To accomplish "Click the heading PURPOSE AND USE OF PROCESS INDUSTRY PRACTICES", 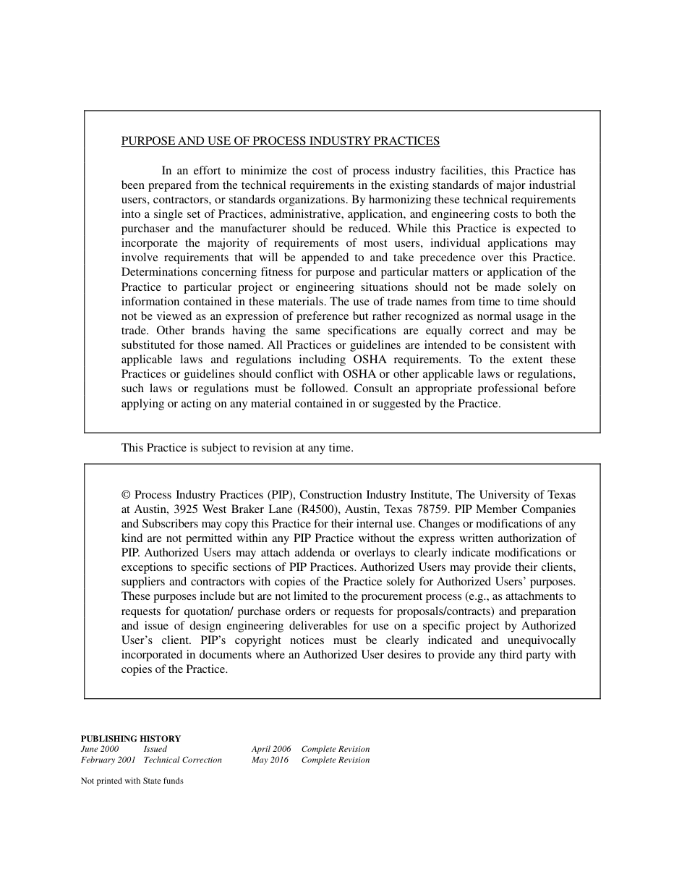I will pyautogui.click(x=280, y=141).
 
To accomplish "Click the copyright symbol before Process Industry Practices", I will pyautogui.click(x=126, y=495).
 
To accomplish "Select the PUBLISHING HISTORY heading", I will pyautogui.click(x=131, y=739).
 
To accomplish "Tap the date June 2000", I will pyautogui.click(x=100, y=750).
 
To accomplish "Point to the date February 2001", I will pyautogui.click(x=108, y=760).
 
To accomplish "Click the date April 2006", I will pyautogui.click(x=271, y=750).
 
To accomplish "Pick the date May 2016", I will pyautogui.click(x=270, y=760).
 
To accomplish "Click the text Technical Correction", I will pyautogui.click(x=183, y=760).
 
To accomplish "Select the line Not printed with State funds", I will pyautogui.click(x=132, y=781).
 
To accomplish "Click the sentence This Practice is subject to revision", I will pyautogui.click(x=237, y=448).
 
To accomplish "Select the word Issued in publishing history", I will pyautogui.click(x=155, y=750).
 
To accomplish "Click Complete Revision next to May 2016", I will pyautogui.click(x=336, y=760).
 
